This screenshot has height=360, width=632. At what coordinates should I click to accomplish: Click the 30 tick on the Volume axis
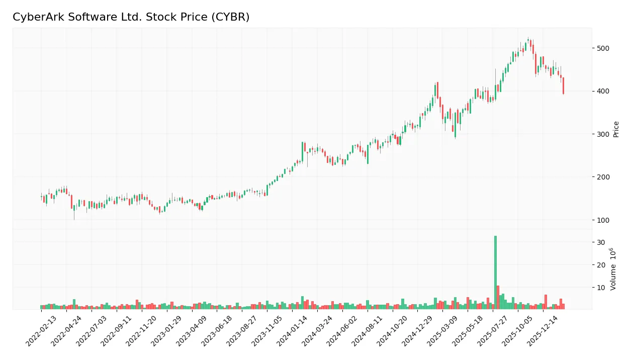click(601, 242)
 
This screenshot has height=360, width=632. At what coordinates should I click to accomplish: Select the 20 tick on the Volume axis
click(601, 265)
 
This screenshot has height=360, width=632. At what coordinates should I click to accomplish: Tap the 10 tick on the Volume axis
click(601, 288)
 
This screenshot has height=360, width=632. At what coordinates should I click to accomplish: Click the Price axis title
click(616, 129)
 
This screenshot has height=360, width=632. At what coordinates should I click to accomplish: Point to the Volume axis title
click(613, 269)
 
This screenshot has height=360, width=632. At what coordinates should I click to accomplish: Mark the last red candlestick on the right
click(564, 85)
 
